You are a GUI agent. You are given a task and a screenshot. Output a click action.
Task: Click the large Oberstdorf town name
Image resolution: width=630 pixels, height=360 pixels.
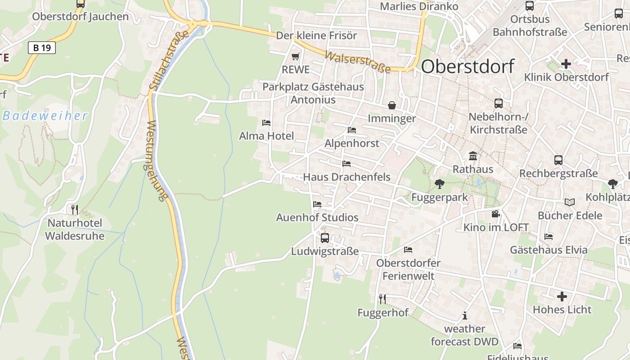tap(468, 67)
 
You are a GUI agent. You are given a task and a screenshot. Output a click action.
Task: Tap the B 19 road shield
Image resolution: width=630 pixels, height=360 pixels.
tap(42, 47)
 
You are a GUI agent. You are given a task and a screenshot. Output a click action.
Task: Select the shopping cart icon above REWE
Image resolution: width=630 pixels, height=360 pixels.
tap(295, 57)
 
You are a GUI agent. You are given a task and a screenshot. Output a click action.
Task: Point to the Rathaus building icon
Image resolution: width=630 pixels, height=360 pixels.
tap(473, 156)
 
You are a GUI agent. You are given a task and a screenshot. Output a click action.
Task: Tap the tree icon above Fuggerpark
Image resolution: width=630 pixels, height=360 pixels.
tap(439, 184)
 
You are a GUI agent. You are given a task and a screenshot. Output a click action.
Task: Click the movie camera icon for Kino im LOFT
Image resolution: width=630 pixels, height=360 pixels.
tap(495, 214)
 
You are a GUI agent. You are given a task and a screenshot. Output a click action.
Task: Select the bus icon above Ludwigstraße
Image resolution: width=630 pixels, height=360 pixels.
tap(324, 238)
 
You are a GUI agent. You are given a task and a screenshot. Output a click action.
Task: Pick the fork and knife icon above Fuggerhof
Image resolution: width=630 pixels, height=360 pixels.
tap(382, 298)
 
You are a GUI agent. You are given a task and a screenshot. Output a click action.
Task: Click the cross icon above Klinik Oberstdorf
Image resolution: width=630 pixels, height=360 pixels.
tap(566, 64)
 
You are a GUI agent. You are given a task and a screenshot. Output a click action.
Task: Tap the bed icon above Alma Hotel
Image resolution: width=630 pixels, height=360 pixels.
tap(266, 122)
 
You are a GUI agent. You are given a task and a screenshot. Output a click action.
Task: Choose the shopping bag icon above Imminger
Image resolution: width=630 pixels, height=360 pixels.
tap(392, 105)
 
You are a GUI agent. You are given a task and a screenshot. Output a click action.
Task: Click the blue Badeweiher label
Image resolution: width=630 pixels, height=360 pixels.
tap(45, 116)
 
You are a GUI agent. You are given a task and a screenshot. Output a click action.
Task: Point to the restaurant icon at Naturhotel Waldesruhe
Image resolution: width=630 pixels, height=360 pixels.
tap(75, 209)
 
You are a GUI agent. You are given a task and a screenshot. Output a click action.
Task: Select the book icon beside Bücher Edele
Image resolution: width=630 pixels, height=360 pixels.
tap(570, 202)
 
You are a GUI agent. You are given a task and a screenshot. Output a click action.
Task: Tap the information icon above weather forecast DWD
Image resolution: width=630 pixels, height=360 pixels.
tap(465, 315)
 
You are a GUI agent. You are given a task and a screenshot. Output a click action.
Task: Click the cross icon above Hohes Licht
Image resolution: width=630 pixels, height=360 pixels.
tap(562, 297)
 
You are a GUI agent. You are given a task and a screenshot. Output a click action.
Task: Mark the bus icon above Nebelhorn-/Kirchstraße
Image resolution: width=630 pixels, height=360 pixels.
tap(499, 103)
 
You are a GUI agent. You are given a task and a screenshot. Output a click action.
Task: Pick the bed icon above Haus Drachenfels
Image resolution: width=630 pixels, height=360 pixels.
tap(346, 163)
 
